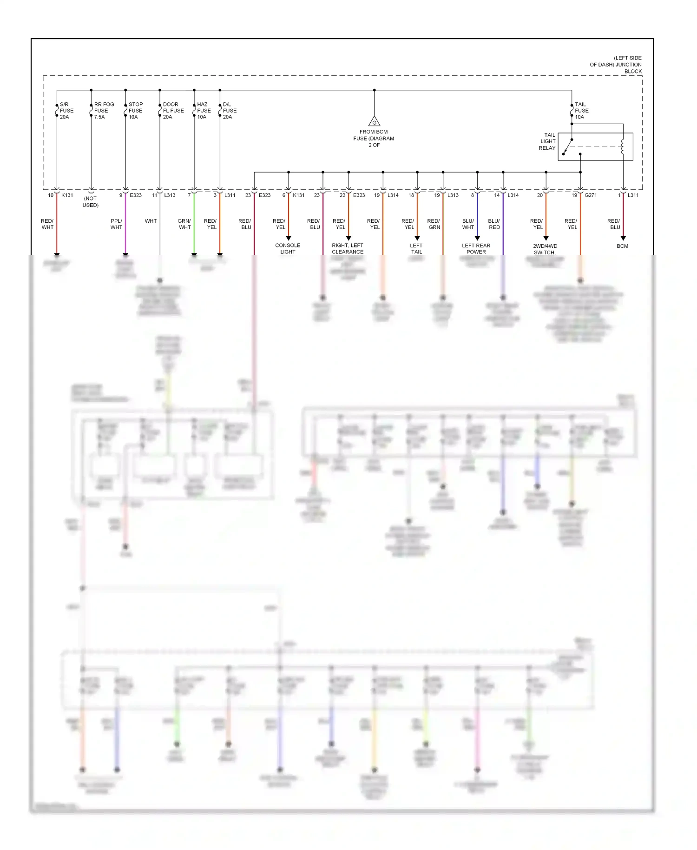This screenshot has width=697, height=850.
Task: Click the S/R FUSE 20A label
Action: click(x=66, y=111)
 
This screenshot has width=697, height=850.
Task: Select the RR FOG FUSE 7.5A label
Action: click(x=104, y=111)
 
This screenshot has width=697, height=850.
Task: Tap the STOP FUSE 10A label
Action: click(x=135, y=111)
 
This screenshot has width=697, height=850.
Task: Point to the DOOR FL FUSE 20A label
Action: click(x=173, y=111)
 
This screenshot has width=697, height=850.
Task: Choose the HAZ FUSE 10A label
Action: click(x=204, y=111)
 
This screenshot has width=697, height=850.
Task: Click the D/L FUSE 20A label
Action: click(x=230, y=111)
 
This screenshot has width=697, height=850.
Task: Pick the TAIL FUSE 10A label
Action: click(x=581, y=111)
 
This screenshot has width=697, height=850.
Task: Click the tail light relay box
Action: click(x=595, y=147)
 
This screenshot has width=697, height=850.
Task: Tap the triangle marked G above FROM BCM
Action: click(x=374, y=122)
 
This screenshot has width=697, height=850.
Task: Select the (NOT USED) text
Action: click(x=91, y=202)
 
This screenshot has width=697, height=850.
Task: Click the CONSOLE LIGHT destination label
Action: click(x=288, y=248)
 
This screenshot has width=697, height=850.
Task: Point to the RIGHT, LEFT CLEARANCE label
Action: click(x=348, y=248)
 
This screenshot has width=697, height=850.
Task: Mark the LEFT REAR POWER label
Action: click(x=476, y=248)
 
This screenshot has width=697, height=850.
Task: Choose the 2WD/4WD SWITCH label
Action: click(x=545, y=249)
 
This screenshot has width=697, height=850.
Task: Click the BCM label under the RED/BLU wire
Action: click(x=622, y=246)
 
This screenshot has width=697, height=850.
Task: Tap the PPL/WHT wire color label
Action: click(x=116, y=224)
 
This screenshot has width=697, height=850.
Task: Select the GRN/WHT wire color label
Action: click(x=184, y=224)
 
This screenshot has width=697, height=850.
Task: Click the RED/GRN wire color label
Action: click(x=434, y=224)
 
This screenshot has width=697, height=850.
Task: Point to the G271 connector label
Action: click(x=591, y=195)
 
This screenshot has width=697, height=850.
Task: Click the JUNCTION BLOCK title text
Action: click(x=616, y=65)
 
